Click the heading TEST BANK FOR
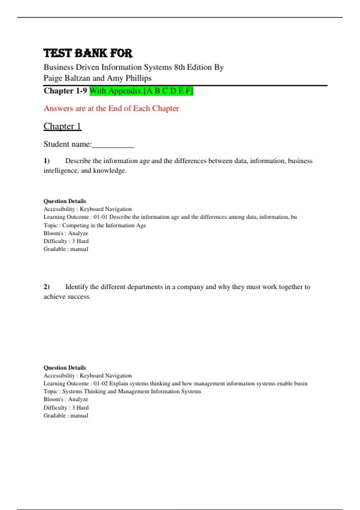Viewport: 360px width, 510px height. (x=88, y=53)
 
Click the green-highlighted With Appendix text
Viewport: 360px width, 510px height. (x=141, y=91)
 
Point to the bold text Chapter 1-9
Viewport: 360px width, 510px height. (x=65, y=91)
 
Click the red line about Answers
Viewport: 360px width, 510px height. (x=111, y=108)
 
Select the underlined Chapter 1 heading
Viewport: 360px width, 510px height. (x=62, y=126)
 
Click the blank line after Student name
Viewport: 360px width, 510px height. (x=113, y=145)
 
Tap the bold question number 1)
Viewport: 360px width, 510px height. (x=46, y=161)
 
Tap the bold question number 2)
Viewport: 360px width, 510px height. (x=46, y=287)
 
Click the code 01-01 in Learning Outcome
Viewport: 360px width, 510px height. (x=100, y=217)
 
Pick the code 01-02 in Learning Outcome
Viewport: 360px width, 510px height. (x=100, y=383)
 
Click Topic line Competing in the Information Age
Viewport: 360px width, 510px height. (x=95, y=225)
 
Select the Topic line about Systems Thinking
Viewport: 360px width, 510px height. (x=122, y=391)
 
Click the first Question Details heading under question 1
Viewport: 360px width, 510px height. (x=65, y=201)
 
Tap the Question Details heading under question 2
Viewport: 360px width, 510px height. (x=65, y=367)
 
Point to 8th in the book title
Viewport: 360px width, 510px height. (x=179, y=67)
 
